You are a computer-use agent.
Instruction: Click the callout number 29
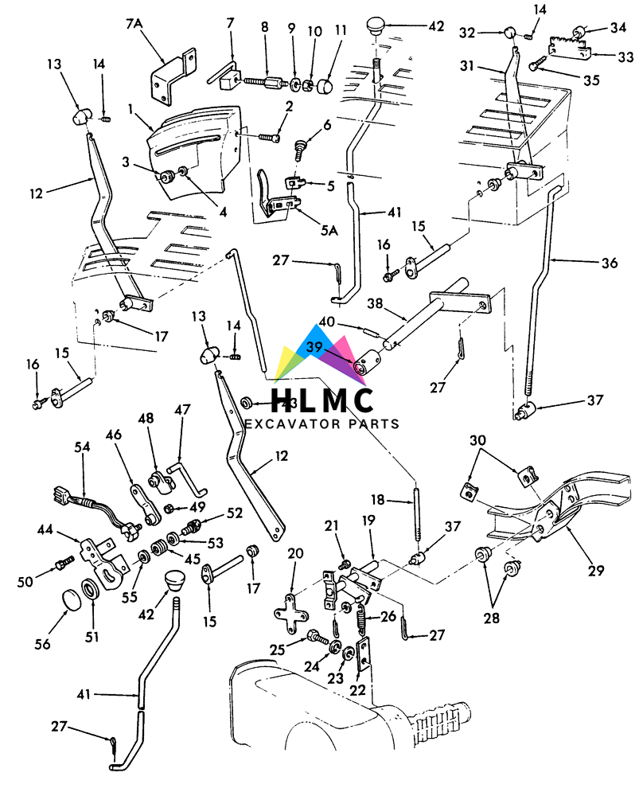[x=595, y=570]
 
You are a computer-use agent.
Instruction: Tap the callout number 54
[x=84, y=447]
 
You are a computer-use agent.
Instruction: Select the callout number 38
[x=375, y=303]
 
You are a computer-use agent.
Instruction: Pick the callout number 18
[x=378, y=499]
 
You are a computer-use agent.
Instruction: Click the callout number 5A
[x=329, y=230]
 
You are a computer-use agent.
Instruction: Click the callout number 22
[x=358, y=689]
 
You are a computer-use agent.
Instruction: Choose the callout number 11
[x=341, y=31]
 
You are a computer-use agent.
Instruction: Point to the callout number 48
[x=146, y=419]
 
